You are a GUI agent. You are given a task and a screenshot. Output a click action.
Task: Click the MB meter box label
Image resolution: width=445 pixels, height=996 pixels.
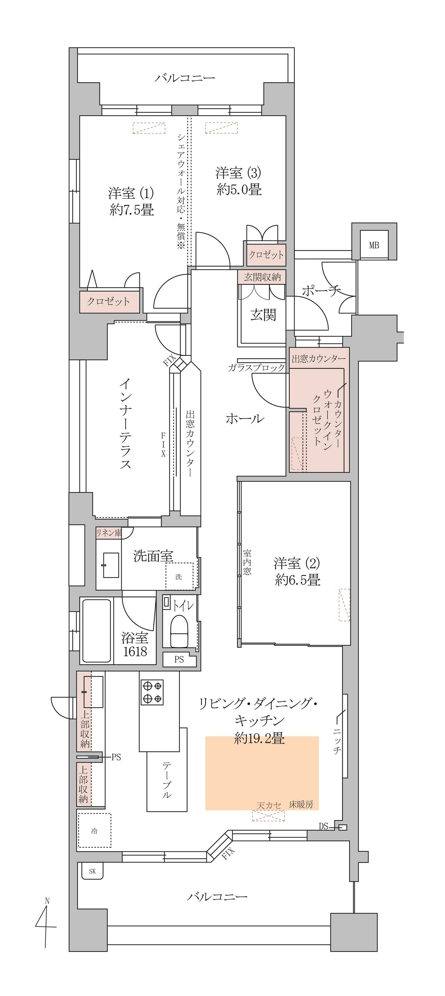[374, 245]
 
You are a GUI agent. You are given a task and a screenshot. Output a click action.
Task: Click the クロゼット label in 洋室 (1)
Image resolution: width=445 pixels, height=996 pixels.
[108, 301]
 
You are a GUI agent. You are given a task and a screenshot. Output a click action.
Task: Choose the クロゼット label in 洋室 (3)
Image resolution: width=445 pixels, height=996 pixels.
[266, 254]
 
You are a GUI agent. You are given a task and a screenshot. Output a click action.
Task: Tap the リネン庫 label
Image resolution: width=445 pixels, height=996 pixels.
[109, 533]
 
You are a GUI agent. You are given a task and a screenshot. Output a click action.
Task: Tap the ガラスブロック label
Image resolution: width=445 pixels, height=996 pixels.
[256, 368]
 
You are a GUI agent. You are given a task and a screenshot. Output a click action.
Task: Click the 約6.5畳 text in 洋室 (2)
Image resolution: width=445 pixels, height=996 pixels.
[298, 580]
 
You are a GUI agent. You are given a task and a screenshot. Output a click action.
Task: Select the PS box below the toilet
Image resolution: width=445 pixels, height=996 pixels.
[179, 660]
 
